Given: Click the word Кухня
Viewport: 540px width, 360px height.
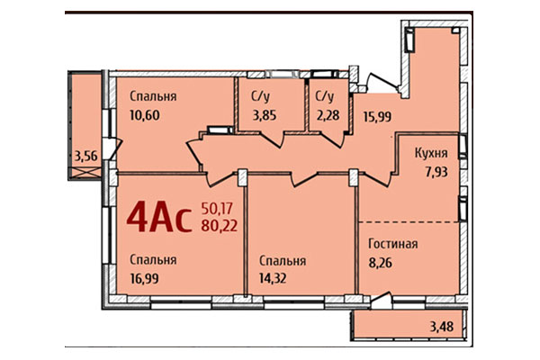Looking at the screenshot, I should pos(431,154).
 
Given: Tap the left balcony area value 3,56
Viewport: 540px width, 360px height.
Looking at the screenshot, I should pos(87,157).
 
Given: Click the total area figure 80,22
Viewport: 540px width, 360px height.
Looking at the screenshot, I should pos(220,225).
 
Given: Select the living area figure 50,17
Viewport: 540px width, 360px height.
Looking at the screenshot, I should pos(218,208).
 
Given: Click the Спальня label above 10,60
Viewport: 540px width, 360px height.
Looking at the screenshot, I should pos(151,96).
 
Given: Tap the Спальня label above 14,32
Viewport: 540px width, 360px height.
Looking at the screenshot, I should pos(283,260).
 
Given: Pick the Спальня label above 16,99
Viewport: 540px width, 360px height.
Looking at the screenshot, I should pos(151,259).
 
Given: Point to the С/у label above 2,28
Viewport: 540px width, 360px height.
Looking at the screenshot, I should pos(324,95).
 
